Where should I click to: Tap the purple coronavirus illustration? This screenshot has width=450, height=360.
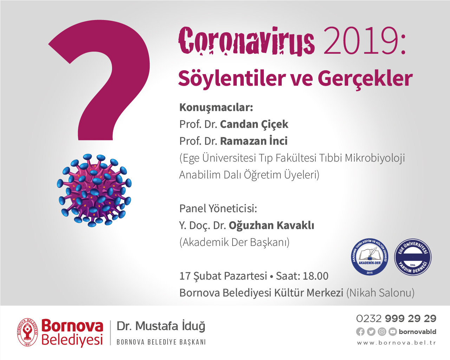pos(94,190)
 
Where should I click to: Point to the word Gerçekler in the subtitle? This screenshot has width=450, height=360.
pos(365,78)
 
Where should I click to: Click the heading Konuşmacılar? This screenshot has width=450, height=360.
pos(216,107)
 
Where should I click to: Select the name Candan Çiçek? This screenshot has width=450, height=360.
pos(254,124)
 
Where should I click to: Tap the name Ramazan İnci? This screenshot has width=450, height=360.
pos(254,141)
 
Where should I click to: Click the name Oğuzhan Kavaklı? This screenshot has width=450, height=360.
pos(271,225)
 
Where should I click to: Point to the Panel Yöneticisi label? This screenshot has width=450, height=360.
pos(218,208)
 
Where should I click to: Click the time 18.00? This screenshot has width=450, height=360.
pos(315,276)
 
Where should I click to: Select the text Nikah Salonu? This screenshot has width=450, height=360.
pos(380,293)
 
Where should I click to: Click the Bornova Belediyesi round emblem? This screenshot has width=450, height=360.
pos(28,332)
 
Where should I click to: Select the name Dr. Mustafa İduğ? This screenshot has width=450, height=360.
pos(161,326)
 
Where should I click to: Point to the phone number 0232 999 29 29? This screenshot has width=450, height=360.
pos(396,319)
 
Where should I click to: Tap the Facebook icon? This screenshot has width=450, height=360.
pos(360,332)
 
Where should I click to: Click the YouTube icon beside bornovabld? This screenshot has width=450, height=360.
pos(392,332)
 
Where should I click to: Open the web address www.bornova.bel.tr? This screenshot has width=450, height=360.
pos(396,343)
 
